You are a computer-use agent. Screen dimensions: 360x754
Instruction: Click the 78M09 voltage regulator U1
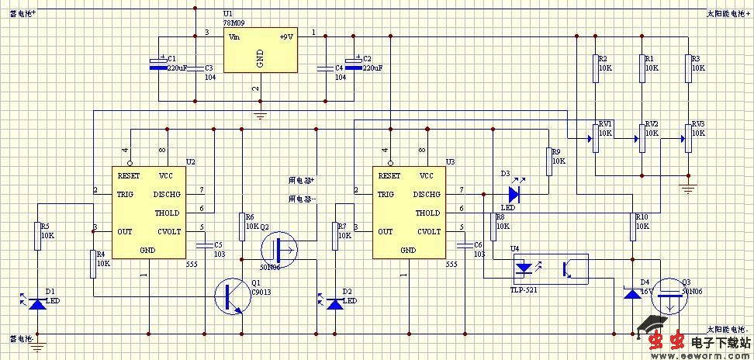coord(259,51)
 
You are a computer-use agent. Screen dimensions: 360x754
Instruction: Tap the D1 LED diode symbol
coord(36,303)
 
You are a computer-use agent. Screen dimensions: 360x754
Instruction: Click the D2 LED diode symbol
coord(335,303)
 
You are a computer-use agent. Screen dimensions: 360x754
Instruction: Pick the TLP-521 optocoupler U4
coord(550,268)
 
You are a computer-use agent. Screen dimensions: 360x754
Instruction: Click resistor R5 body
coord(37,237)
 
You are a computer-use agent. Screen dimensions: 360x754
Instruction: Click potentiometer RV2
coord(642,138)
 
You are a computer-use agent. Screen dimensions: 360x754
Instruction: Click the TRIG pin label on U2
coord(126,194)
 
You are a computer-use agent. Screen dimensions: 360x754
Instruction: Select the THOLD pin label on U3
coord(427,213)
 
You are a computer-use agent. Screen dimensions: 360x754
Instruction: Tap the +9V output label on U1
coord(286,36)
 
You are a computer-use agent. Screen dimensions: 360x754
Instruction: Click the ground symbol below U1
coord(260,115)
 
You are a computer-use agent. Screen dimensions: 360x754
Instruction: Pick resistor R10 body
coord(633,227)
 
